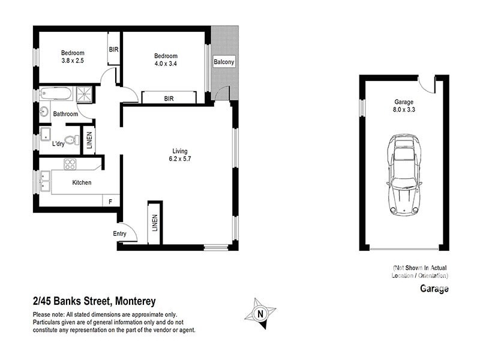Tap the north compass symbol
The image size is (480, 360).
pyautogui.click(x=260, y=313)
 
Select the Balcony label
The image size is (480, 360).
pyautogui.click(x=224, y=62)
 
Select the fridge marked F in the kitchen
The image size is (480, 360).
pyautogui.click(x=110, y=202)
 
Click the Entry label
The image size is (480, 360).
pyautogui.click(x=120, y=234)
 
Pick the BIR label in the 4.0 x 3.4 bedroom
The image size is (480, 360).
pyautogui.click(x=169, y=98)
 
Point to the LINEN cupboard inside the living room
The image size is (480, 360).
pyautogui.click(x=155, y=223)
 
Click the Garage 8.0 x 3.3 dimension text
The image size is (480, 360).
pyautogui.click(x=403, y=106)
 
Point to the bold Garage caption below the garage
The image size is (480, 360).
pyautogui.click(x=434, y=289)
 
